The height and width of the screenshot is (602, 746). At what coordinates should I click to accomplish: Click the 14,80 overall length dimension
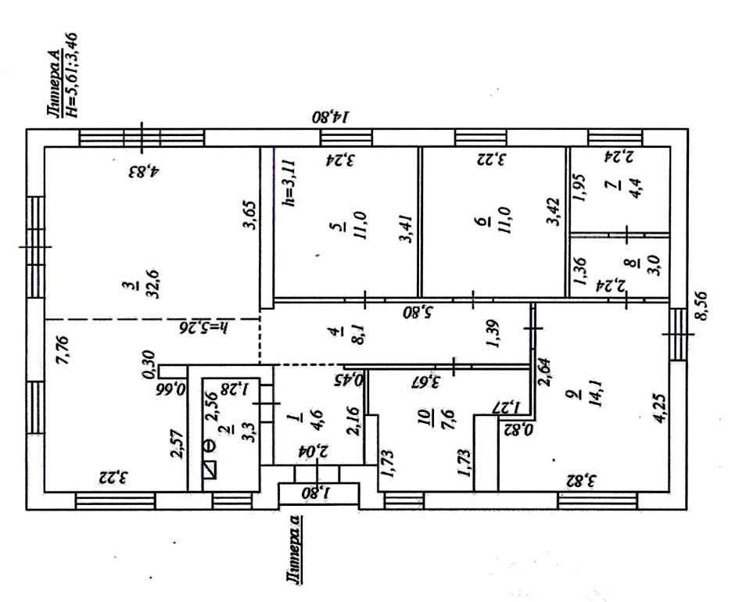click(334, 117)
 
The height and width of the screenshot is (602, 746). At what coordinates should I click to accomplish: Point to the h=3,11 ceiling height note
click(289, 180)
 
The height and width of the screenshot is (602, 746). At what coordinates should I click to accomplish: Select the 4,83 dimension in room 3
click(144, 170)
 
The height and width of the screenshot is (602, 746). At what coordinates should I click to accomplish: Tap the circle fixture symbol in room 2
click(208, 445)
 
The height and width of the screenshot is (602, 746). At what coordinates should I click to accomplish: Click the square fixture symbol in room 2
click(209, 470)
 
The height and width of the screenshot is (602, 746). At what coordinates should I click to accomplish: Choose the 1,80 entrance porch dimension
click(317, 494)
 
